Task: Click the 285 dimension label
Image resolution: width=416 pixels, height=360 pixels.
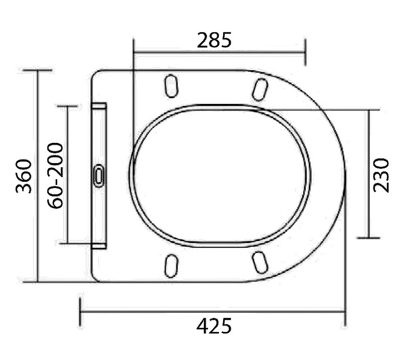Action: [214, 41]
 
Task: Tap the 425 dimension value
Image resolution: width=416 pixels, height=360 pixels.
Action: [214, 326]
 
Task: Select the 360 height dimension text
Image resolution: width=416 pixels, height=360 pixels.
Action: [24, 176]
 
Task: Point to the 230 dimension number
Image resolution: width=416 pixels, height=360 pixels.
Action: [381, 175]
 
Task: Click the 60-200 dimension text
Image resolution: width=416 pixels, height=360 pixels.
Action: [56, 176]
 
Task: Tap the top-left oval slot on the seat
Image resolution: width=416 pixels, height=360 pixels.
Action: [171, 86]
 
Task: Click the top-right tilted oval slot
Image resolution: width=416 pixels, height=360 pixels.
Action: [259, 89]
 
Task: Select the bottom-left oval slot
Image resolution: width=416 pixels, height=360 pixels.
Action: [171, 266]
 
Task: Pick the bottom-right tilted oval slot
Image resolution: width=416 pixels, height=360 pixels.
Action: [259, 262]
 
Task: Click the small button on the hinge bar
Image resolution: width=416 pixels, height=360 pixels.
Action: [99, 176]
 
